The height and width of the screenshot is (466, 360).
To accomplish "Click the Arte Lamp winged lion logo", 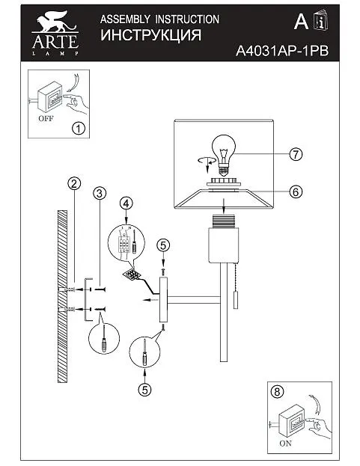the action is tap(55, 33).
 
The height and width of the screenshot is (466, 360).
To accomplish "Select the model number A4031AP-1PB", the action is tap(282, 51).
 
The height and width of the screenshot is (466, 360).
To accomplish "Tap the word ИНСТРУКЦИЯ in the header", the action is tap(150, 35).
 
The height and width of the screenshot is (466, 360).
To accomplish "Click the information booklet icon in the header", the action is tap(321, 20).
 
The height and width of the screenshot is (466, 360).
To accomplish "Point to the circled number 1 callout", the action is tap(79, 129).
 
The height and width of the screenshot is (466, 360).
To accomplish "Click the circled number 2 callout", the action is tap(74, 183).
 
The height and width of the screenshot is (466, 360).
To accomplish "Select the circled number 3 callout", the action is tap(100, 193).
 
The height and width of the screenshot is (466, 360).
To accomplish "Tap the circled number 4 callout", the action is tap(126, 203).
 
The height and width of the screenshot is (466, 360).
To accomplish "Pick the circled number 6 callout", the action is tap(296, 191).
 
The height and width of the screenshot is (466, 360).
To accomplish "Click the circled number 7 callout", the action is tap(296, 154).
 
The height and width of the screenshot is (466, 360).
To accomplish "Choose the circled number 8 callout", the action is tap(277, 392).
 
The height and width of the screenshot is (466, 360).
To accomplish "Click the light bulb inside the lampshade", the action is tap(224, 154).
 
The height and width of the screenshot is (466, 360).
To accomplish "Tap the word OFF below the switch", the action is tap(46, 119).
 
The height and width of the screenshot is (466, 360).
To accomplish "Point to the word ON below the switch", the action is tap(286, 443).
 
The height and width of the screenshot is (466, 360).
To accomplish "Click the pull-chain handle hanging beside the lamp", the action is tap(236, 301).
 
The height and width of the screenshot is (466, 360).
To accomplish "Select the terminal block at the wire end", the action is tap(132, 275).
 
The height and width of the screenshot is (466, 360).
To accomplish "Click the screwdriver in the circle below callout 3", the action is tap(104, 339).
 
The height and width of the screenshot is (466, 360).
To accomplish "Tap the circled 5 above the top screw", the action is tap(163, 245).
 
